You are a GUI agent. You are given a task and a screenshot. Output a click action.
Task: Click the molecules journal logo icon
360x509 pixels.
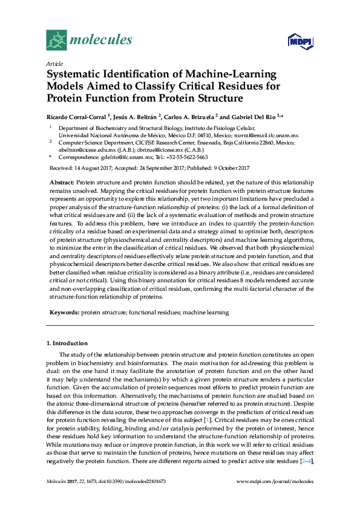pyautogui.click(x=56, y=41)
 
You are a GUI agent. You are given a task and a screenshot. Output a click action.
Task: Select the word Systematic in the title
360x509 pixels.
pyautogui.click(x=75, y=74)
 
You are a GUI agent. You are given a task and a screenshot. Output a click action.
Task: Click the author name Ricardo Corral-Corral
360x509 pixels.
pyautogui.click(x=76, y=116)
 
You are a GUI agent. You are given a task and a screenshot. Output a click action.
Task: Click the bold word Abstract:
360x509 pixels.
pyautogui.click(x=62, y=183)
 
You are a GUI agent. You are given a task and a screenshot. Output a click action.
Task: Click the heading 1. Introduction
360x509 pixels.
pyautogui.click(x=67, y=343)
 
